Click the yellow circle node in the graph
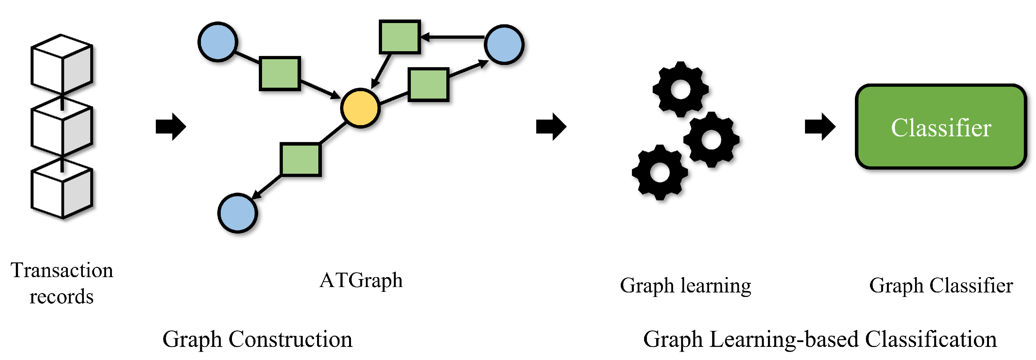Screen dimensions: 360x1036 click(360, 108)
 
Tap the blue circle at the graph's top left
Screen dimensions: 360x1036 click(218, 42)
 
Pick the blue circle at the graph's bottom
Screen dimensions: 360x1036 click(238, 213)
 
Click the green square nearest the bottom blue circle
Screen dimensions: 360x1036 click(300, 159)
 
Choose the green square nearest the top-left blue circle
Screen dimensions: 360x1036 click(280, 74)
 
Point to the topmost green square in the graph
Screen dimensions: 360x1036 click(400, 36)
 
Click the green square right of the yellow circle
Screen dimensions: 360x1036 click(428, 84)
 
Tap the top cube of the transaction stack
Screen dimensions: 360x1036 click(62, 64)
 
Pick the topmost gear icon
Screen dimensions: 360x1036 click(681, 89)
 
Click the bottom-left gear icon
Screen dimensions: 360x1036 click(659, 172)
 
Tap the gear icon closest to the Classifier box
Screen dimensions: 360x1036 click(711, 140)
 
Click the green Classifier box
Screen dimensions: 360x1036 click(941, 127)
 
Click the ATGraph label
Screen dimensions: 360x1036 click(361, 280)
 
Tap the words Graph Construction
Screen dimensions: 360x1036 click(257, 339)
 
